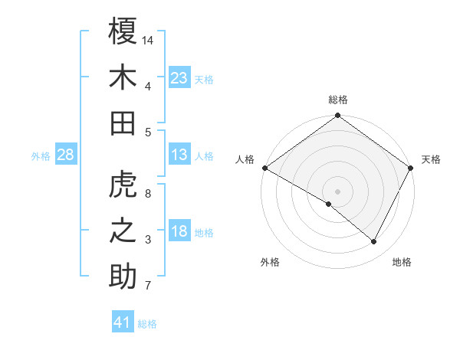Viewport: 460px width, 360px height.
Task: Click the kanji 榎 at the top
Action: coord(123,31)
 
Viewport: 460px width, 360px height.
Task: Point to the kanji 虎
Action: coord(123,185)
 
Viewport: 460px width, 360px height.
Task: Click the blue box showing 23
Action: coord(179,77)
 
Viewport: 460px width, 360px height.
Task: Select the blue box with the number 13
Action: coord(179,155)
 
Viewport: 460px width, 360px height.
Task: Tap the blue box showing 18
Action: coord(179,231)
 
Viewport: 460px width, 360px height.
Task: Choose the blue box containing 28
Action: coord(65,155)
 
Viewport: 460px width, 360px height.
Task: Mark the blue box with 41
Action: coord(123,322)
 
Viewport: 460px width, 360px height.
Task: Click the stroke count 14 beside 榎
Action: coord(148,39)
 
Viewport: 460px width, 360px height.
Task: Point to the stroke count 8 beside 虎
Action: coord(148,193)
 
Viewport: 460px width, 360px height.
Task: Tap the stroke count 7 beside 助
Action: coord(148,286)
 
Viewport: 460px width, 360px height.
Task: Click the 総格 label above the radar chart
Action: coord(338,100)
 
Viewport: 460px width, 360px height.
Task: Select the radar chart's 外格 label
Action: coord(270,262)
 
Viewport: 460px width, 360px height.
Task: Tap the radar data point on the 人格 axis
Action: coord(264,168)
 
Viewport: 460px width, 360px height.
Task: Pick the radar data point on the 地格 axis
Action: coord(374,241)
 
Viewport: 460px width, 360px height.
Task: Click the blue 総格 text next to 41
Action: coord(148,324)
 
